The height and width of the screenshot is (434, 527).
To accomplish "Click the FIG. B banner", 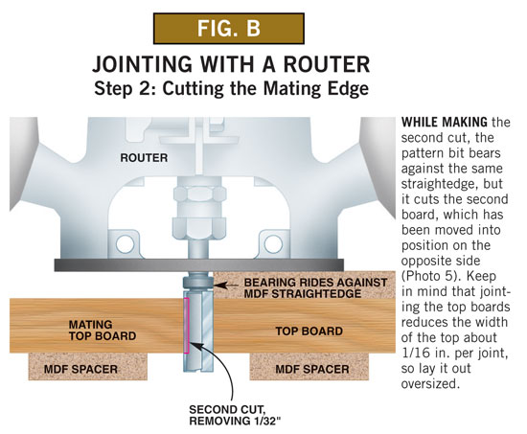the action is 229,28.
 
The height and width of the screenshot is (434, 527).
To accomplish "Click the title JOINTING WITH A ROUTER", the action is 231,64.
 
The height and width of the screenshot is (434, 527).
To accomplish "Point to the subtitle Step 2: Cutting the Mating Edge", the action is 231,89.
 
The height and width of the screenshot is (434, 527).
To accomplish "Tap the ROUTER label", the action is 144,158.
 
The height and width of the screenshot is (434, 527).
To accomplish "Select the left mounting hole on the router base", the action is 125,243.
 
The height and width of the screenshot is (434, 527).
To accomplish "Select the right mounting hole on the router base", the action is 273,243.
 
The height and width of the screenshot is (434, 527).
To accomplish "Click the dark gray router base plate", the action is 199,265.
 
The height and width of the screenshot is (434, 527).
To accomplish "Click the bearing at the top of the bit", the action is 198,283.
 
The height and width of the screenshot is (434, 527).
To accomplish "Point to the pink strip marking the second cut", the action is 187,325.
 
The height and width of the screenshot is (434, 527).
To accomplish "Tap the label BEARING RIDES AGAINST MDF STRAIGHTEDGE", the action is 315,287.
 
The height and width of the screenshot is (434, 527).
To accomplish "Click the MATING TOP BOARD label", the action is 103,331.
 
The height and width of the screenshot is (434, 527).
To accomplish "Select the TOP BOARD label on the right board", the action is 309,331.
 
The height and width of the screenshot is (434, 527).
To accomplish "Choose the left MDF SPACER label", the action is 80,369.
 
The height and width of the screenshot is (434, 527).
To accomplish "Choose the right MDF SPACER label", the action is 312,369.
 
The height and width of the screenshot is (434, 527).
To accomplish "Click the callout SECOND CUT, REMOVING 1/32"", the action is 235,415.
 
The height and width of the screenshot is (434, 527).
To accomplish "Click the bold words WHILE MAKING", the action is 444,122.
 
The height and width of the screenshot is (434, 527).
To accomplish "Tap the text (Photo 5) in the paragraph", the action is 429,276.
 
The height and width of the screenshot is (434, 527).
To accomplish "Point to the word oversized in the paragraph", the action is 430,383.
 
